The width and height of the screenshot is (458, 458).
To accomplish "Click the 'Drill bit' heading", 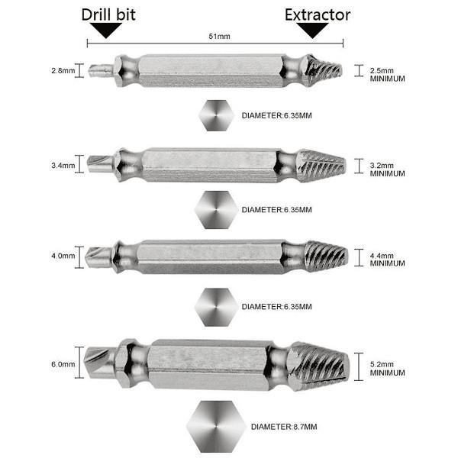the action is click(x=108, y=15).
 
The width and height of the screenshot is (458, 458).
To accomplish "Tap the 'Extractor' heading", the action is click(x=318, y=15).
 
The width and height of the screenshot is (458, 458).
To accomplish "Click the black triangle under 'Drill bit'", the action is click(x=106, y=30).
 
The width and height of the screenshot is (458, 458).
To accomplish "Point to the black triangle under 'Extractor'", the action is click(x=312, y=30).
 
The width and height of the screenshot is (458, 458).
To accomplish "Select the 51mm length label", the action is click(x=219, y=36).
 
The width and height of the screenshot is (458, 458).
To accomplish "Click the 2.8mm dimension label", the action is click(x=63, y=71).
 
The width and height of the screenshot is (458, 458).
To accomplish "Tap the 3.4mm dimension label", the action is click(x=63, y=166).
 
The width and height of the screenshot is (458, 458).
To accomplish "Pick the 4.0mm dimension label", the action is click(x=63, y=256).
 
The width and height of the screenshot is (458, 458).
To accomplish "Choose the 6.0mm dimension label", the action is click(x=63, y=364).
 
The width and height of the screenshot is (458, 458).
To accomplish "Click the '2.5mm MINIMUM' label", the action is click(x=387, y=75).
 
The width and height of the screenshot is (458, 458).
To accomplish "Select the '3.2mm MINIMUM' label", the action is click(x=387, y=169).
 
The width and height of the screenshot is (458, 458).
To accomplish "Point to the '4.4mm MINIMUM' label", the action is click(x=387, y=260).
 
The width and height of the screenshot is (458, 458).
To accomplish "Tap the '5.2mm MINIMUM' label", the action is click(x=387, y=369).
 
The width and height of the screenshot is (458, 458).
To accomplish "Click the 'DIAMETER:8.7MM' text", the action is click(x=284, y=427).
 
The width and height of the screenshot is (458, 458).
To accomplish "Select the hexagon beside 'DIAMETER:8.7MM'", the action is click(x=216, y=426).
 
